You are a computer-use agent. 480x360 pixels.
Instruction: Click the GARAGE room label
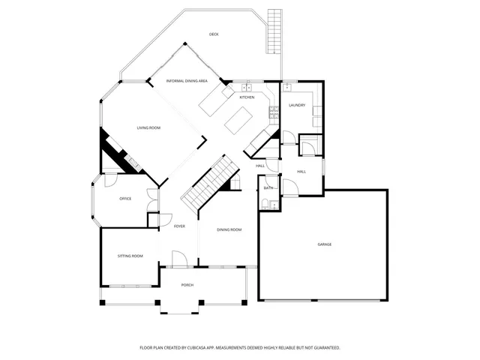[324, 244]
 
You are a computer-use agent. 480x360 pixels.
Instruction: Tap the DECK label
[214, 34]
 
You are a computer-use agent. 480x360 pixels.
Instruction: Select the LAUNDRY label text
[297, 105]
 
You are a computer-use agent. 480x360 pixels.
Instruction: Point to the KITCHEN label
[247, 97]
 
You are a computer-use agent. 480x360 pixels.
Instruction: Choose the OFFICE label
[125, 199]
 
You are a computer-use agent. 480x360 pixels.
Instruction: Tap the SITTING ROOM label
[130, 256]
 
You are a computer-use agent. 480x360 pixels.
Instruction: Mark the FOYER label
[179, 226]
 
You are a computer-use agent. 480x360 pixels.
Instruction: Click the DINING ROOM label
[229, 229]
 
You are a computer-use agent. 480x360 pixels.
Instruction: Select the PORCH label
[187, 285]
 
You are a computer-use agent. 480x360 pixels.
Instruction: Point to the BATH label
[268, 187]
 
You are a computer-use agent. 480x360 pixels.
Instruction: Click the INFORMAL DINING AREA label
[187, 80]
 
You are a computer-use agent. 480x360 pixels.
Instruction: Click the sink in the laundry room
[288, 88]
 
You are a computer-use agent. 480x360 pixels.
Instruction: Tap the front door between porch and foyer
[179, 265]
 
